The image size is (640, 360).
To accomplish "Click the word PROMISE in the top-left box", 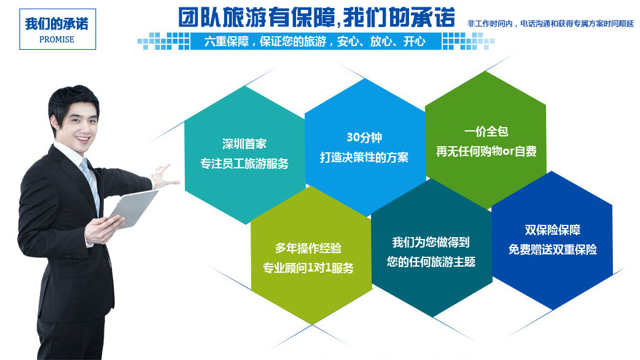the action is pyautogui.click(x=57, y=39).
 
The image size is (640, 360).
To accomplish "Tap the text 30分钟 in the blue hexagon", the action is pyautogui.click(x=364, y=138).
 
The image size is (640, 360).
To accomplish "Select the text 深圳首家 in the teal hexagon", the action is pyautogui.click(x=244, y=144).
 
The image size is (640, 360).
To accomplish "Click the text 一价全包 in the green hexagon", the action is pyautogui.click(x=486, y=131).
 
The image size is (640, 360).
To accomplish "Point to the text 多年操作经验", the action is pyautogui.click(x=308, y=248).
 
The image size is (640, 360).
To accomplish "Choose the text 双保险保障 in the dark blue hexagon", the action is pyautogui.click(x=553, y=230).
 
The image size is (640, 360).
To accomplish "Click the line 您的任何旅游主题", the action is pyautogui.click(x=431, y=262).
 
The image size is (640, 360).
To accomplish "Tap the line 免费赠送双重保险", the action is pyautogui.click(x=553, y=249).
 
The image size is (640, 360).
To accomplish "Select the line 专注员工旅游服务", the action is pyautogui.click(x=244, y=163).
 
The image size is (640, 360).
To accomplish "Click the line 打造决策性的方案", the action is pyautogui.click(x=364, y=157).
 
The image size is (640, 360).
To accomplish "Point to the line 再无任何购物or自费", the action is pyautogui.click(x=486, y=151).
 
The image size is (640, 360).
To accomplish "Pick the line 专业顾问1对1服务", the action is pyautogui.click(x=308, y=268).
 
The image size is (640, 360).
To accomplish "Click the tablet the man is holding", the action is pyautogui.click(x=133, y=209).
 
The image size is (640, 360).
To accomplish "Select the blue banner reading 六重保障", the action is pyautogui.click(x=316, y=41).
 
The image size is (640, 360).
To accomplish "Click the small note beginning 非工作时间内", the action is pyautogui.click(x=550, y=24).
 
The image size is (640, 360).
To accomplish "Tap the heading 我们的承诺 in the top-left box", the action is pyautogui.click(x=57, y=24).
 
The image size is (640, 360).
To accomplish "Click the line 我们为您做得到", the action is pyautogui.click(x=431, y=242).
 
